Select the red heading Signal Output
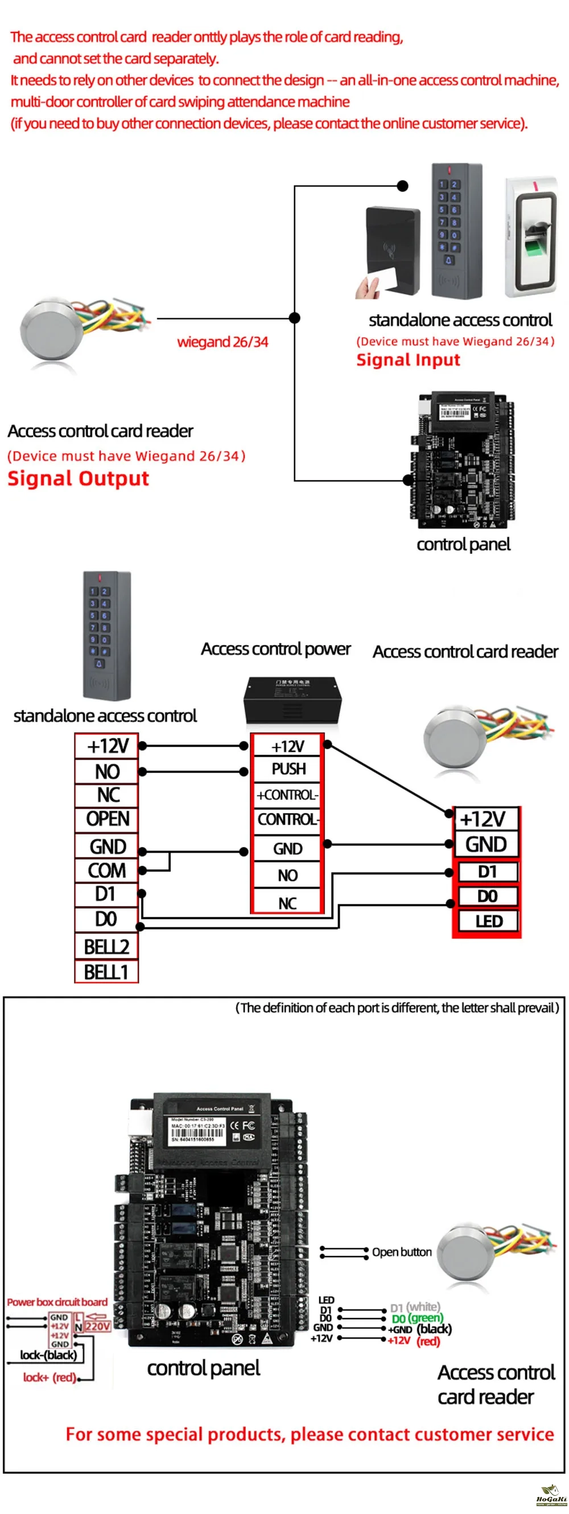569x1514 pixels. pos(78,478)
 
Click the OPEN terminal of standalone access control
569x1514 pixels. pos(107,819)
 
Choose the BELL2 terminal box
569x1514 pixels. pos(106,946)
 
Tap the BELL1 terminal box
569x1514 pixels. pos(106,972)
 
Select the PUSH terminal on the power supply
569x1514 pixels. pos(288,769)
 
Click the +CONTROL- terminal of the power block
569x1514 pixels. pos(288,795)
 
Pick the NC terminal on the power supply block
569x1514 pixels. pos(287,903)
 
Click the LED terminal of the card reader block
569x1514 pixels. pos(488,921)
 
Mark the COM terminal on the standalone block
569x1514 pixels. pos(107,870)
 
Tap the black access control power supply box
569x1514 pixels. pos(292,701)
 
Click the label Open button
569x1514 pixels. pos(402,1252)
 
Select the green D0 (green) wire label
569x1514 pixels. pos(417,1318)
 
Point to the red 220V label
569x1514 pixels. pos(97,1326)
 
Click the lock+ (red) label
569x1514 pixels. pos(50,1377)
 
